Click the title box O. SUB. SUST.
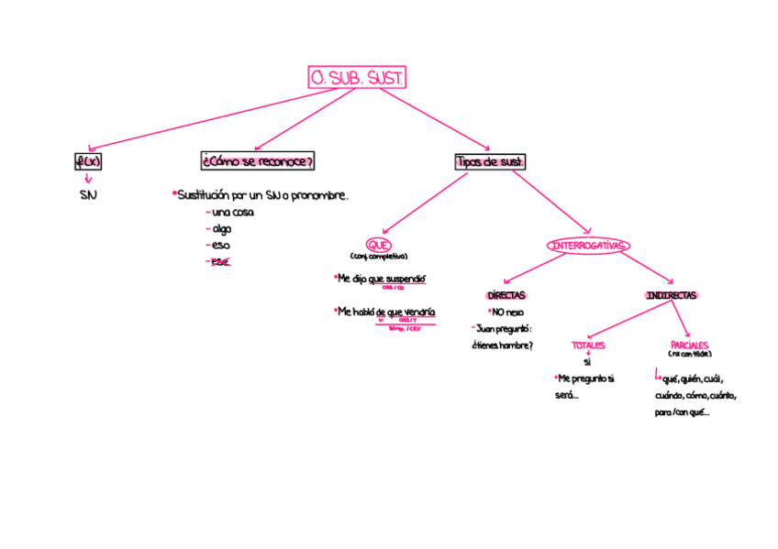coord(357,79)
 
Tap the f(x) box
coord(88,162)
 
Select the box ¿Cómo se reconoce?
coord(257,161)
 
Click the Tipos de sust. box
coord(490,162)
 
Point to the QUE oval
coord(378,245)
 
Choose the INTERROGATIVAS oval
coord(588,246)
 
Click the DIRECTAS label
coord(506,296)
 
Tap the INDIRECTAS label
coord(671,296)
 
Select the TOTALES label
coord(588,346)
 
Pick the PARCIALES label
coord(689,346)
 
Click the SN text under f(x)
coord(88,195)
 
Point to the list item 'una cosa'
coord(231,213)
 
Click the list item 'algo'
coord(221,229)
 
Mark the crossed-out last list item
coord(220,262)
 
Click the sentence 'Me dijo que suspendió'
coord(381,279)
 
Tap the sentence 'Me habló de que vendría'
coord(385,312)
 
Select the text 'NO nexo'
coord(506,313)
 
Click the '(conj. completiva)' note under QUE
coord(378,257)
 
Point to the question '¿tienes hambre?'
coord(502,346)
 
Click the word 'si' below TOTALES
coord(587,362)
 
